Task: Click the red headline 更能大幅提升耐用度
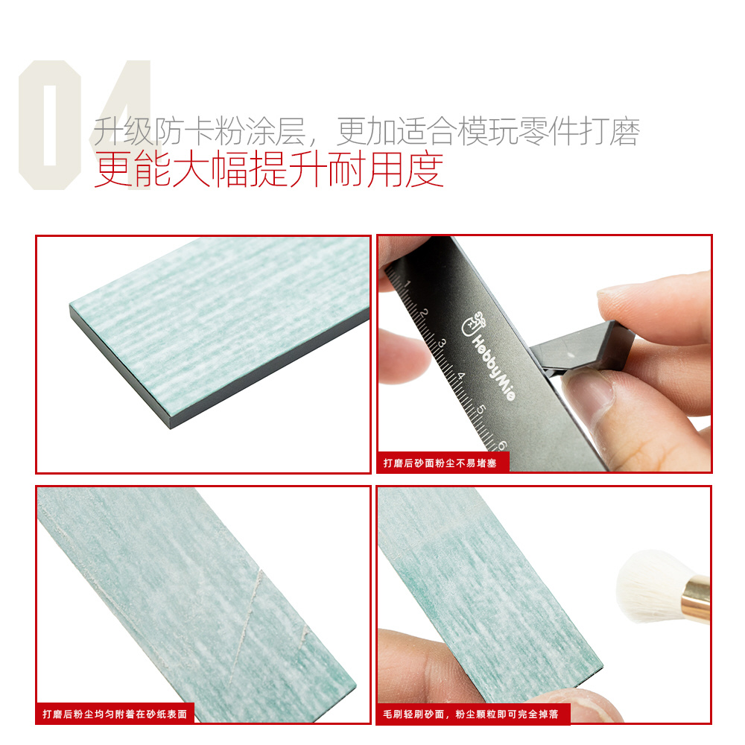coord(269,169)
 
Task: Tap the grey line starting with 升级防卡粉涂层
coord(367,130)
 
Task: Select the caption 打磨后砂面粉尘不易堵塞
coord(440,463)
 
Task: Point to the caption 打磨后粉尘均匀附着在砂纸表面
coord(115,714)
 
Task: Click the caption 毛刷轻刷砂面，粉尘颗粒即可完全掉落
coord(470,714)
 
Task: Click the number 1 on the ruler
coord(407,284)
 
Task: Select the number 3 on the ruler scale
coord(442,343)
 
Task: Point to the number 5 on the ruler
coord(481,409)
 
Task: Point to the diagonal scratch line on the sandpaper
coord(246,627)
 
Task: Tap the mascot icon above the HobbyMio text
coord(474,323)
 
